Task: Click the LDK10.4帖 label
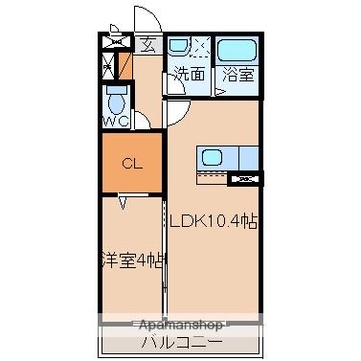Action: click(x=214, y=220)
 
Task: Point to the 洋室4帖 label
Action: click(x=132, y=259)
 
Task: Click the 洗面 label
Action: click(x=190, y=73)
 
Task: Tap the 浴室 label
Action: click(x=237, y=73)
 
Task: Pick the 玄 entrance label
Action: click(x=149, y=43)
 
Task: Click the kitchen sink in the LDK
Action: click(x=212, y=156)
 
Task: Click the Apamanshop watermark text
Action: click(x=181, y=325)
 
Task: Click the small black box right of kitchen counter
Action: click(x=248, y=178)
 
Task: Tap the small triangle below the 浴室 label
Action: click(x=221, y=92)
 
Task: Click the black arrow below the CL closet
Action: click(x=124, y=202)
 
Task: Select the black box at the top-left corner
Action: click(x=118, y=43)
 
